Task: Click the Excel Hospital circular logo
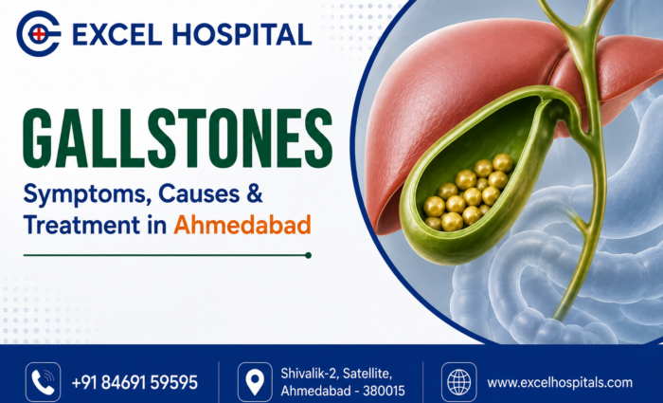(x=38, y=34)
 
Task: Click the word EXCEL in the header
(x=116, y=34)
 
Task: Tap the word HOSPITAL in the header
(x=242, y=34)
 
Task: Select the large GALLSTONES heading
(x=178, y=138)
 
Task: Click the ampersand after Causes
(x=254, y=193)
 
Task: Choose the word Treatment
(x=81, y=225)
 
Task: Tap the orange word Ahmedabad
(x=242, y=225)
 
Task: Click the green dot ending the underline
(x=308, y=255)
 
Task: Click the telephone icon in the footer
(x=44, y=382)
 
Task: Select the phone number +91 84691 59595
(x=134, y=382)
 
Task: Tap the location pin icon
(x=255, y=382)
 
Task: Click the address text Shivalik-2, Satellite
(x=336, y=374)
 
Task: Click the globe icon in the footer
(x=458, y=382)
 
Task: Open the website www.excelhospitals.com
(x=560, y=383)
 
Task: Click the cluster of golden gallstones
(x=469, y=192)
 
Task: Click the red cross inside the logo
(x=39, y=34)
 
